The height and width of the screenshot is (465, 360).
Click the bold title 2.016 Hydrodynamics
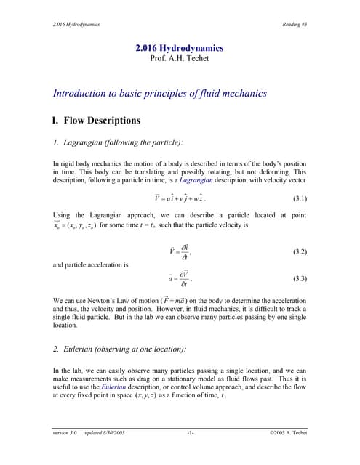tap(180, 48)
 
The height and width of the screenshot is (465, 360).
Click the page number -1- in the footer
tap(191, 434)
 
